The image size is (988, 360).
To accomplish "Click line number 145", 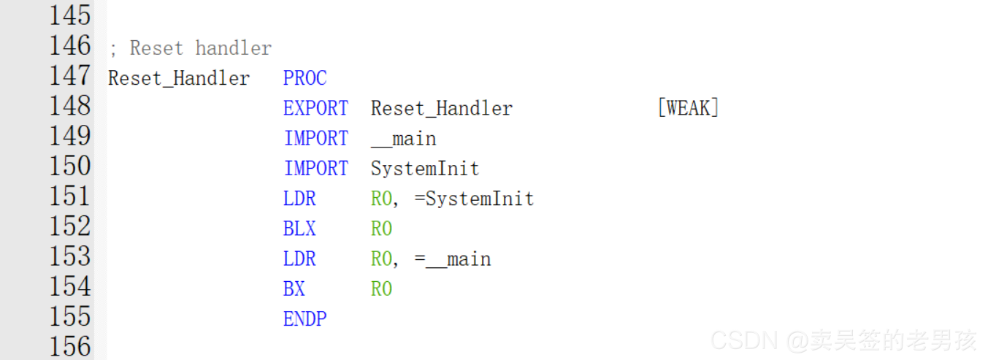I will (x=70, y=15).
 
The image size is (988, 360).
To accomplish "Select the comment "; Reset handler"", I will (x=190, y=49).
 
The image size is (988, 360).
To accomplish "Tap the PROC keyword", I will (x=305, y=79).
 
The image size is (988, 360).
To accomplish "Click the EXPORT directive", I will (x=315, y=109).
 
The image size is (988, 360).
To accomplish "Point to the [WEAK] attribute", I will (x=688, y=109).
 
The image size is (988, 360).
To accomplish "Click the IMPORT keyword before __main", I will (x=315, y=139).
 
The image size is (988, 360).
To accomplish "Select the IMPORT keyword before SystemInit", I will (x=315, y=169).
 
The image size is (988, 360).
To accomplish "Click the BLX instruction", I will (x=299, y=229).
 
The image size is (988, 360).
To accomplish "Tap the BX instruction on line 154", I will (x=294, y=289).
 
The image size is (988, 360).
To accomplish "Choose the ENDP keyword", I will (x=305, y=319).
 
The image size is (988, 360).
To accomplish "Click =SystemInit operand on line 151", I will (x=474, y=199).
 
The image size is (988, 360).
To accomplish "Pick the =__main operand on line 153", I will (x=452, y=259).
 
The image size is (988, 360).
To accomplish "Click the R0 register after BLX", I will (x=381, y=229).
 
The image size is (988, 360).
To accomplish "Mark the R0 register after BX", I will (x=381, y=289).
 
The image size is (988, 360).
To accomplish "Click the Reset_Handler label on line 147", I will (x=179, y=79).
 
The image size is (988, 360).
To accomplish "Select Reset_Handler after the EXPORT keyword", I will (x=442, y=109).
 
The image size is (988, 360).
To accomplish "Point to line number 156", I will (x=70, y=345).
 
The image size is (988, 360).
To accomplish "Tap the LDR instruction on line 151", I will (x=299, y=199).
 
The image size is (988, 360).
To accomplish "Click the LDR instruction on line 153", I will (x=299, y=259).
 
